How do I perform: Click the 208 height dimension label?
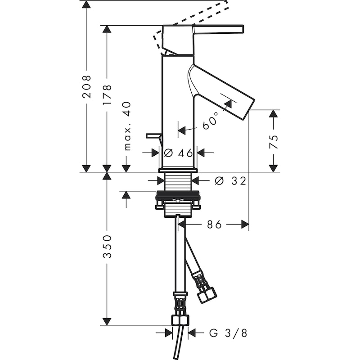tap(86, 86)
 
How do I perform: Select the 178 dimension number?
tap(107, 94)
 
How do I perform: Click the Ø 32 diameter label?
tap(230, 181)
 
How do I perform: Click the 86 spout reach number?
tap(214, 224)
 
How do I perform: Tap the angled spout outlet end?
tap(248, 108)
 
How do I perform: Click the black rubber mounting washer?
tap(178, 196)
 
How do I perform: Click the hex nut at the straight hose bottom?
tap(180, 320)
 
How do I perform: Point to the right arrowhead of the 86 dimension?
tap(245, 224)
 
